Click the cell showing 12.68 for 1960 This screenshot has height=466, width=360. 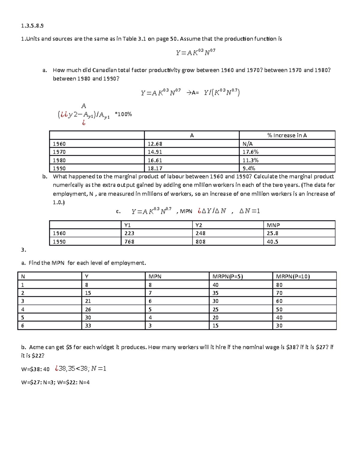[x=155, y=144]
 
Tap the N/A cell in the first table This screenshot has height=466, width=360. [x=247, y=144]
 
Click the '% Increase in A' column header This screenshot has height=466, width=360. [x=287, y=135]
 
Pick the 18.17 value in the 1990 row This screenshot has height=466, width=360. [x=155, y=169]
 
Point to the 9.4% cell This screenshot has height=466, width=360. [x=249, y=169]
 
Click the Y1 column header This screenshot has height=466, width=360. [x=127, y=225]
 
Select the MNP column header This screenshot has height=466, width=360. [x=273, y=225]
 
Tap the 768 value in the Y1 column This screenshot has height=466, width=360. [x=129, y=242]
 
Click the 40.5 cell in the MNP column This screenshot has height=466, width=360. [x=272, y=242]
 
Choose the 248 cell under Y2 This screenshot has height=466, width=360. [x=200, y=233]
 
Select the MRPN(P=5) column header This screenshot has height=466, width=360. [x=227, y=276]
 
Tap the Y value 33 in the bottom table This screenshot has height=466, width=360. [x=88, y=326]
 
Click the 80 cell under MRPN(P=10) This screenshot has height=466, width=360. [x=279, y=285]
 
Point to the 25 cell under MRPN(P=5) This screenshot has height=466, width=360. [x=215, y=309]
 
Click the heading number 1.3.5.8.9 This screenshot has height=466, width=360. [x=32, y=26]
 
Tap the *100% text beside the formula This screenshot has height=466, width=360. [x=123, y=114]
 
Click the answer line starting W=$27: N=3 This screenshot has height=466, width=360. [x=55, y=382]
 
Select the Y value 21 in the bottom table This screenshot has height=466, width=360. [x=88, y=301]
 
